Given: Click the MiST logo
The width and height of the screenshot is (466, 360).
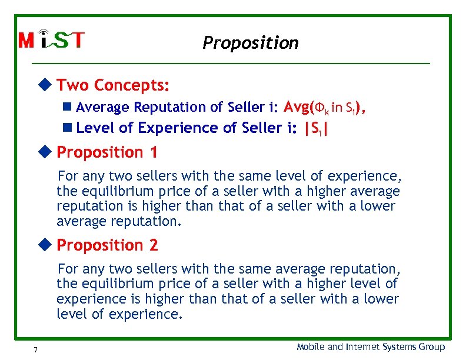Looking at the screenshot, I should coord(52,40).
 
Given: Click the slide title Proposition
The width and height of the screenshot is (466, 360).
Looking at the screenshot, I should coord(250,43).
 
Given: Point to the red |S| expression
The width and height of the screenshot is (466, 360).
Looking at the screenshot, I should coord(315,128).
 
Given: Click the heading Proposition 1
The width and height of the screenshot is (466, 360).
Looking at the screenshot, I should coord(107,152).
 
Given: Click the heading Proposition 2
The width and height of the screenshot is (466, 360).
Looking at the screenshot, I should coord(107,245).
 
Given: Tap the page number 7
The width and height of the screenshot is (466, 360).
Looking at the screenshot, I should coord(36,350).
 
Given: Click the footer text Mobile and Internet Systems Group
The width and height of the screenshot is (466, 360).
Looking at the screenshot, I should coord(371,347).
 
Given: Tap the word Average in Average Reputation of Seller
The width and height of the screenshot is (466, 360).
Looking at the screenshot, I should coord(103,107).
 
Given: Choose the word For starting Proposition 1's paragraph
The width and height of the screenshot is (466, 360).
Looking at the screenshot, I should coord(68,176).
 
